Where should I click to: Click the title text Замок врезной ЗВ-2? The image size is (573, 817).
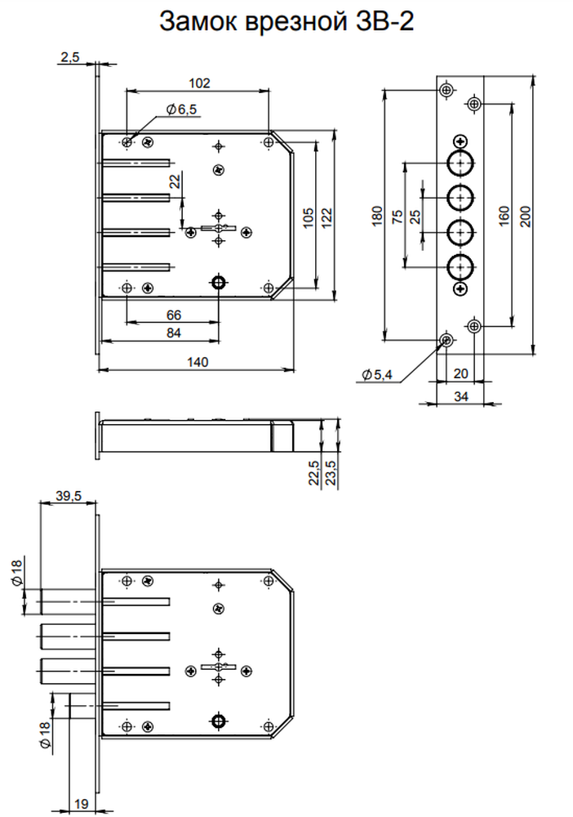click(286, 22)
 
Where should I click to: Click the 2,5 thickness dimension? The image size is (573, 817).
click(69, 57)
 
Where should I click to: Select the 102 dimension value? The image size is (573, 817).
click(199, 83)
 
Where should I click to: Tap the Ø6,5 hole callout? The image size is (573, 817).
click(181, 109)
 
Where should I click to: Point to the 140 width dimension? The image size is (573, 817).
click(198, 362)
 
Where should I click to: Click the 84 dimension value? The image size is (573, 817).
click(174, 333)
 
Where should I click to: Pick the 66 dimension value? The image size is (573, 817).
click(174, 315)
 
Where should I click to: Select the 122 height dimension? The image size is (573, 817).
click(326, 218)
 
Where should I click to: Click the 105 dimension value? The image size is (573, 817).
click(308, 218)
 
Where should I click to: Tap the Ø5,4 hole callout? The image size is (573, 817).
click(377, 374)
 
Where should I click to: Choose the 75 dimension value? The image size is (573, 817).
click(397, 217)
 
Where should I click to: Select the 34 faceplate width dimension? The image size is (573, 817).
click(461, 396)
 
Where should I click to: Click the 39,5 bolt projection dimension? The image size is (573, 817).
click(69, 496)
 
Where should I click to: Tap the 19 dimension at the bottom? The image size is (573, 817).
click(81, 804)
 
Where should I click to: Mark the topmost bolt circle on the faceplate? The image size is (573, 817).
click(460, 163)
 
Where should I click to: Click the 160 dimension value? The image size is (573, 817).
click(504, 217)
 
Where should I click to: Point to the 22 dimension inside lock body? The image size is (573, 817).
click(175, 181)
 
